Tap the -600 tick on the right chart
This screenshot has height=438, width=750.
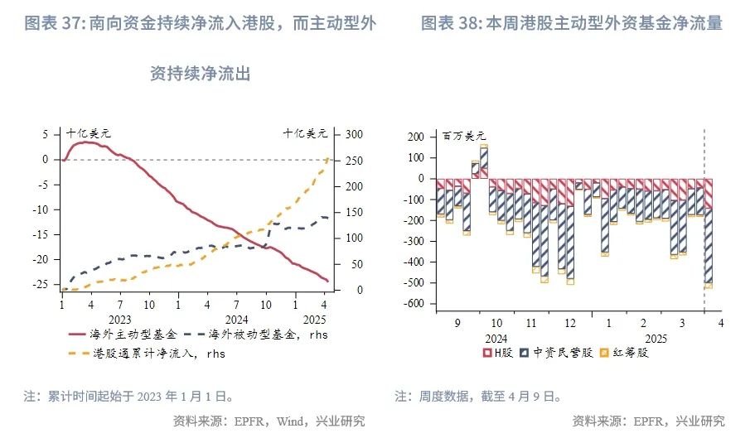click(x=409, y=304)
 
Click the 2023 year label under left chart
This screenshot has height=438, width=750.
click(x=119, y=318)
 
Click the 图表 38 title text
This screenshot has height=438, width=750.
click(x=571, y=24)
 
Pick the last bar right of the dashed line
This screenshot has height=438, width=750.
click(x=708, y=232)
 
